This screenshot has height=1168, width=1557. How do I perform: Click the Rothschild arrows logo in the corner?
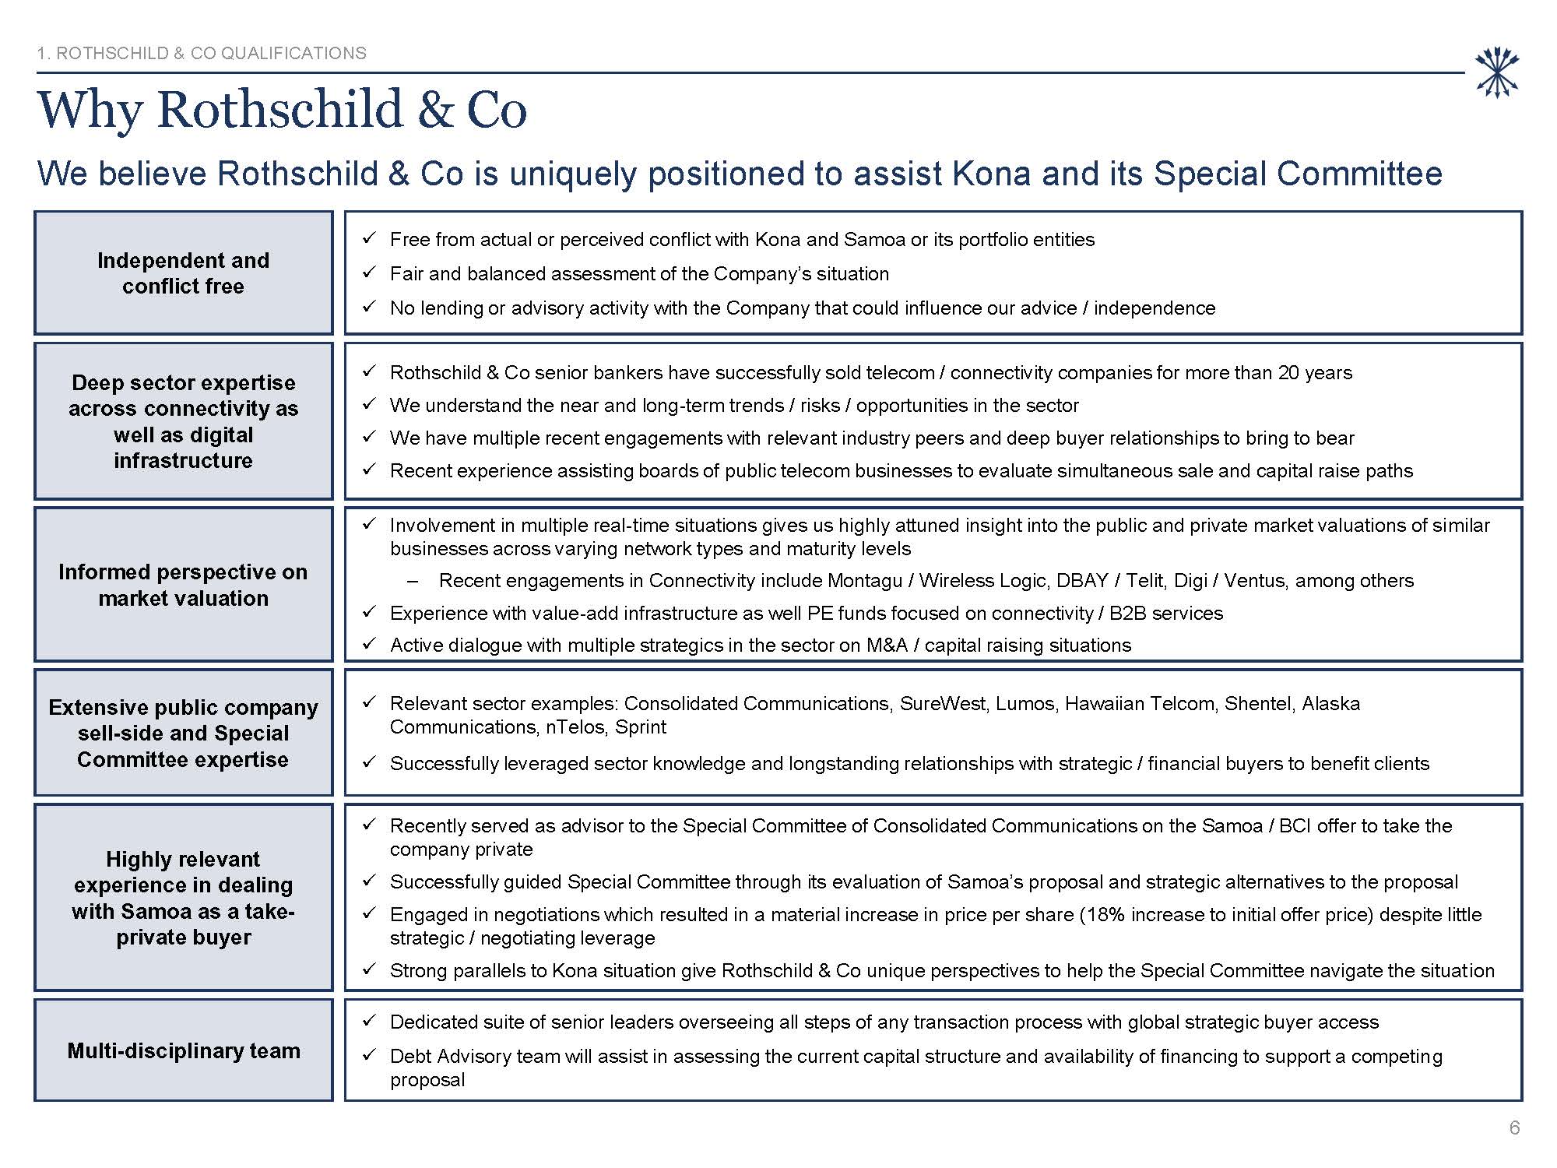click(1497, 73)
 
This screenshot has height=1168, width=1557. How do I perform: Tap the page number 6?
click(1514, 1128)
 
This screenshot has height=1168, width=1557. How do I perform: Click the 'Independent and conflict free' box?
click(184, 273)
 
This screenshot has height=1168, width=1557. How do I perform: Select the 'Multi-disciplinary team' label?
click(184, 1050)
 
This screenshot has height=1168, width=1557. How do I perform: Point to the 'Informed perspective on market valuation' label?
click(184, 585)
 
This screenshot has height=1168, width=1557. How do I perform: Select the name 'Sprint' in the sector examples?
click(641, 726)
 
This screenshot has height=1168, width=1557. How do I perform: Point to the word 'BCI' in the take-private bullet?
click(1295, 825)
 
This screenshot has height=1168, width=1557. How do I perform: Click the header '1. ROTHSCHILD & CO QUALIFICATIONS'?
click(202, 53)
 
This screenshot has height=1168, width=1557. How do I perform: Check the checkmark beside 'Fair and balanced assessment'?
click(370, 273)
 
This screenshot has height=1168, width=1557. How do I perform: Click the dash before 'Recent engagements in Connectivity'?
click(413, 581)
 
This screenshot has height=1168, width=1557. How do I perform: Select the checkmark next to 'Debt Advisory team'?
click(370, 1055)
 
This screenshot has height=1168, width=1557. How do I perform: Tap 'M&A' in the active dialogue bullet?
click(887, 645)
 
